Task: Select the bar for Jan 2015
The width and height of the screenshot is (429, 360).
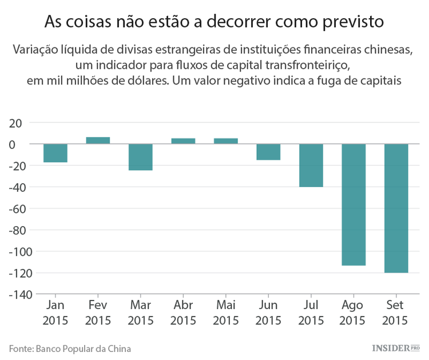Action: coord(55,153)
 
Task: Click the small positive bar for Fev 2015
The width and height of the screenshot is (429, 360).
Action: coord(98,140)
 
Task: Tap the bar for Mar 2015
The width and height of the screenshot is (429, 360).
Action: coord(140,157)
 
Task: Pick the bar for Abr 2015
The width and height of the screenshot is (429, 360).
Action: coord(183,141)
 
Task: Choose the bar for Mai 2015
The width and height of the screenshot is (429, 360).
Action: coord(225,141)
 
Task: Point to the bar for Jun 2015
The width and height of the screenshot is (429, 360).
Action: coord(268,152)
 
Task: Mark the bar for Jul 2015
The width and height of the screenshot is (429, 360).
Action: coord(311,165)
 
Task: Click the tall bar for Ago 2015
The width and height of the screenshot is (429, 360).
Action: coord(353,204)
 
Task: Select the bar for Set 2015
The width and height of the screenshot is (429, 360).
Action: coord(396,208)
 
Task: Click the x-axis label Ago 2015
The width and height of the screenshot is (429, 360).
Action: coord(353,313)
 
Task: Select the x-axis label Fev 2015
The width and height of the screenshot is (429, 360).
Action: coord(98,313)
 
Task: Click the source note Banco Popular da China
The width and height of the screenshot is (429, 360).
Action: coord(87,347)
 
